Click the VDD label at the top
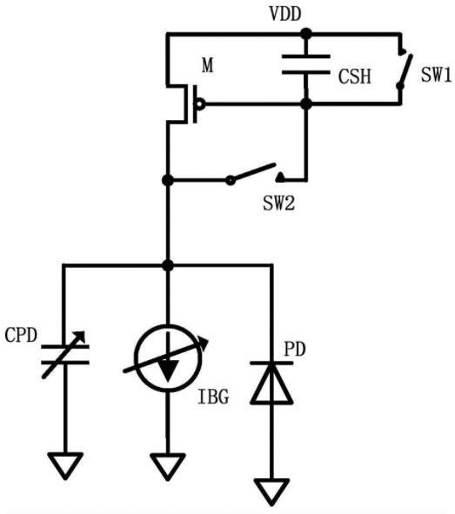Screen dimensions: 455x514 (x=284, y=14)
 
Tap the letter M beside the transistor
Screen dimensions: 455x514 (x=208, y=65)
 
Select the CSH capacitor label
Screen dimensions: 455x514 (x=355, y=77)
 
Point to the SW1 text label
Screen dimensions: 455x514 (x=437, y=75)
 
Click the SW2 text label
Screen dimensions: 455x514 (x=279, y=204)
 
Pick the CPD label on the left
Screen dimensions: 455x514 (x=21, y=335)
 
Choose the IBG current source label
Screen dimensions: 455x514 (x=213, y=397)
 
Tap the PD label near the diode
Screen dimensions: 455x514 (x=295, y=349)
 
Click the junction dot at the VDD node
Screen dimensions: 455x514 (x=306, y=33)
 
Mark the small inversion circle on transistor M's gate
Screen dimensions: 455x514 (x=199, y=104)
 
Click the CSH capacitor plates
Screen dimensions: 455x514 (x=306, y=64)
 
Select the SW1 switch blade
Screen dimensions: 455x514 (x=405, y=70)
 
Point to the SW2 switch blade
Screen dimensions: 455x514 (x=252, y=172)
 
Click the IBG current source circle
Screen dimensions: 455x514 (x=168, y=358)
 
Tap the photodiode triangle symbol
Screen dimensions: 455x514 (x=271, y=383)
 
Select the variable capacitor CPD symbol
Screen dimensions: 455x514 (x=65, y=355)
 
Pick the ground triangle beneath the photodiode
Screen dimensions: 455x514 (x=271, y=491)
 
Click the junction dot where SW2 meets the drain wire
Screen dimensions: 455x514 (x=168, y=180)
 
